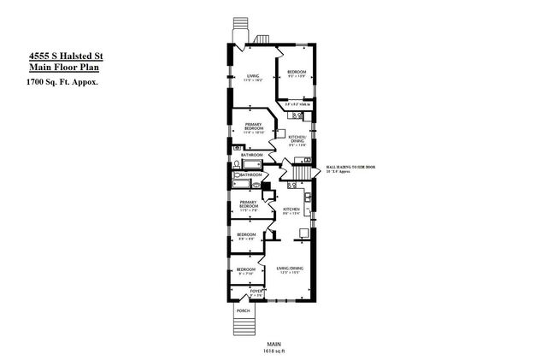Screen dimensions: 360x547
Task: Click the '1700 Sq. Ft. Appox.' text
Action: click(61, 82)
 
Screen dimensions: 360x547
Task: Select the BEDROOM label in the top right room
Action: click(297, 72)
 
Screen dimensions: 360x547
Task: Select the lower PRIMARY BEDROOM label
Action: click(248, 204)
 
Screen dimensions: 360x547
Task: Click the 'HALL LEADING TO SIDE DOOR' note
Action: click(351, 169)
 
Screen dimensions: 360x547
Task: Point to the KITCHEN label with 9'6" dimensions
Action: click(290, 211)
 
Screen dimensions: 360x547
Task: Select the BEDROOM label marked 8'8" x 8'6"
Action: click(246, 236)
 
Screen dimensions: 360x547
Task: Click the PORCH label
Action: click(244, 310)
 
